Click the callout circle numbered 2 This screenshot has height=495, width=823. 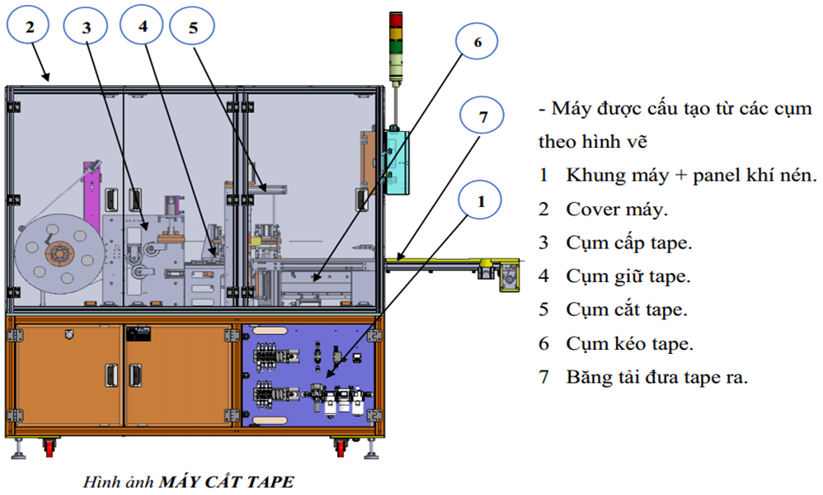pos(31,27)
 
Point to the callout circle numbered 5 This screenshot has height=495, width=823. pos(193,28)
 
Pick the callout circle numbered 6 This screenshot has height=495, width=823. pos(476,42)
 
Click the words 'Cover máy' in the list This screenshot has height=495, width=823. pos(615,209)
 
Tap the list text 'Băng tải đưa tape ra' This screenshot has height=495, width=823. pos(656,378)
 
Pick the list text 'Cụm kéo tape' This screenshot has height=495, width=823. pos(629,344)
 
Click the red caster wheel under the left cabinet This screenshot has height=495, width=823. pos(49,448)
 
